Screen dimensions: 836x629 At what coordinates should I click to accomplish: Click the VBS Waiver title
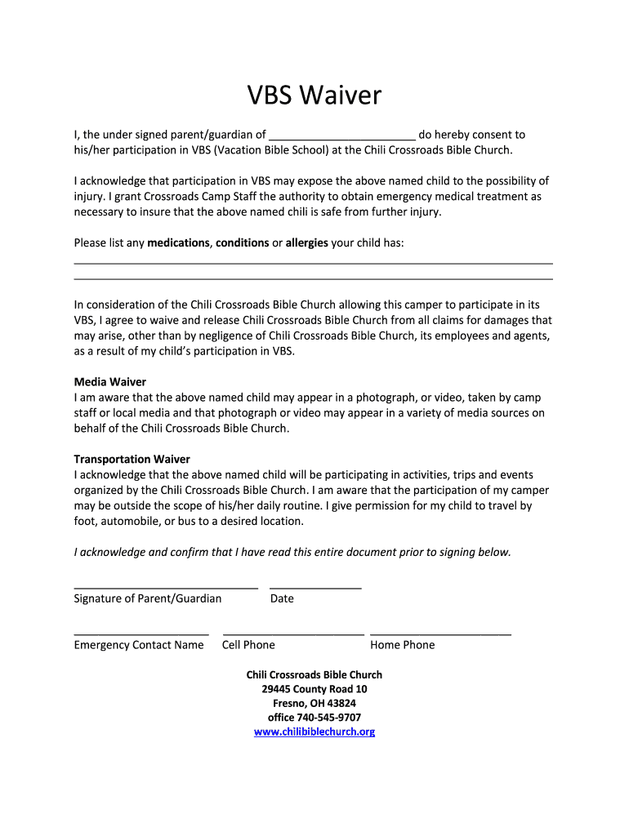click(x=314, y=96)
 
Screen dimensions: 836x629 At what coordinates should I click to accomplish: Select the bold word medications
click(x=179, y=243)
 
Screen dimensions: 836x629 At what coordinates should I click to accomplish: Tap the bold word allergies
click(x=307, y=243)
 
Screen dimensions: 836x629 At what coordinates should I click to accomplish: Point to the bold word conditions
click(x=243, y=243)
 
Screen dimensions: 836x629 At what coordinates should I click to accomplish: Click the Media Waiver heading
click(x=110, y=382)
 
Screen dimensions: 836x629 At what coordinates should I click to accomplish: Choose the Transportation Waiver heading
click(x=132, y=460)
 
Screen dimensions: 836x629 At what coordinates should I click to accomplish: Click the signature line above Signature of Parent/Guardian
click(x=166, y=587)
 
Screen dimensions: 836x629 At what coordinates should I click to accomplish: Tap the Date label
click(x=282, y=598)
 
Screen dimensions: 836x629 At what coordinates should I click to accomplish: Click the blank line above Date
click(x=315, y=587)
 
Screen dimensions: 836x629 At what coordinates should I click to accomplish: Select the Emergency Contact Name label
click(x=139, y=645)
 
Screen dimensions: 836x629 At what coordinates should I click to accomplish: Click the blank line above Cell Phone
click(x=293, y=634)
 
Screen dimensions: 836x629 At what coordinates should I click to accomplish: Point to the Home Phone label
click(x=403, y=645)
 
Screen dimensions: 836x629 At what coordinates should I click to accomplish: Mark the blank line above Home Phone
click(x=440, y=634)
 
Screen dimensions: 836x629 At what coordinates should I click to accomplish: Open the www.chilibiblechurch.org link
click(x=314, y=732)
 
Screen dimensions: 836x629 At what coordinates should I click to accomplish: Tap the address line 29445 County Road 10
click(x=314, y=689)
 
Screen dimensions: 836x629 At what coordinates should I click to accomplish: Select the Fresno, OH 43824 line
click(x=314, y=703)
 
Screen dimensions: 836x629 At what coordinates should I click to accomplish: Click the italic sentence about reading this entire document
click(x=292, y=552)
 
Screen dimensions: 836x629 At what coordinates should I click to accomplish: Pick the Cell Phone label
click(x=248, y=645)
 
